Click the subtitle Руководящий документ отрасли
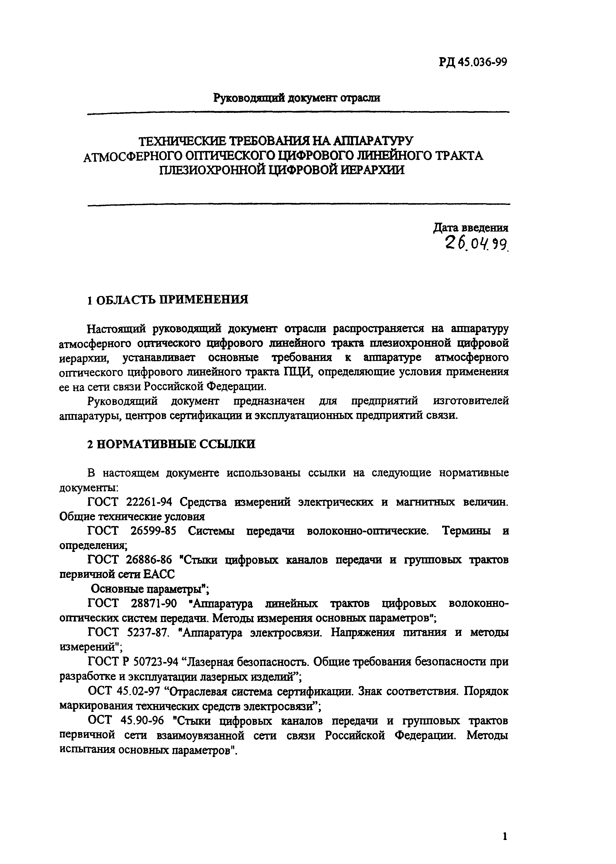[x=297, y=98]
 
